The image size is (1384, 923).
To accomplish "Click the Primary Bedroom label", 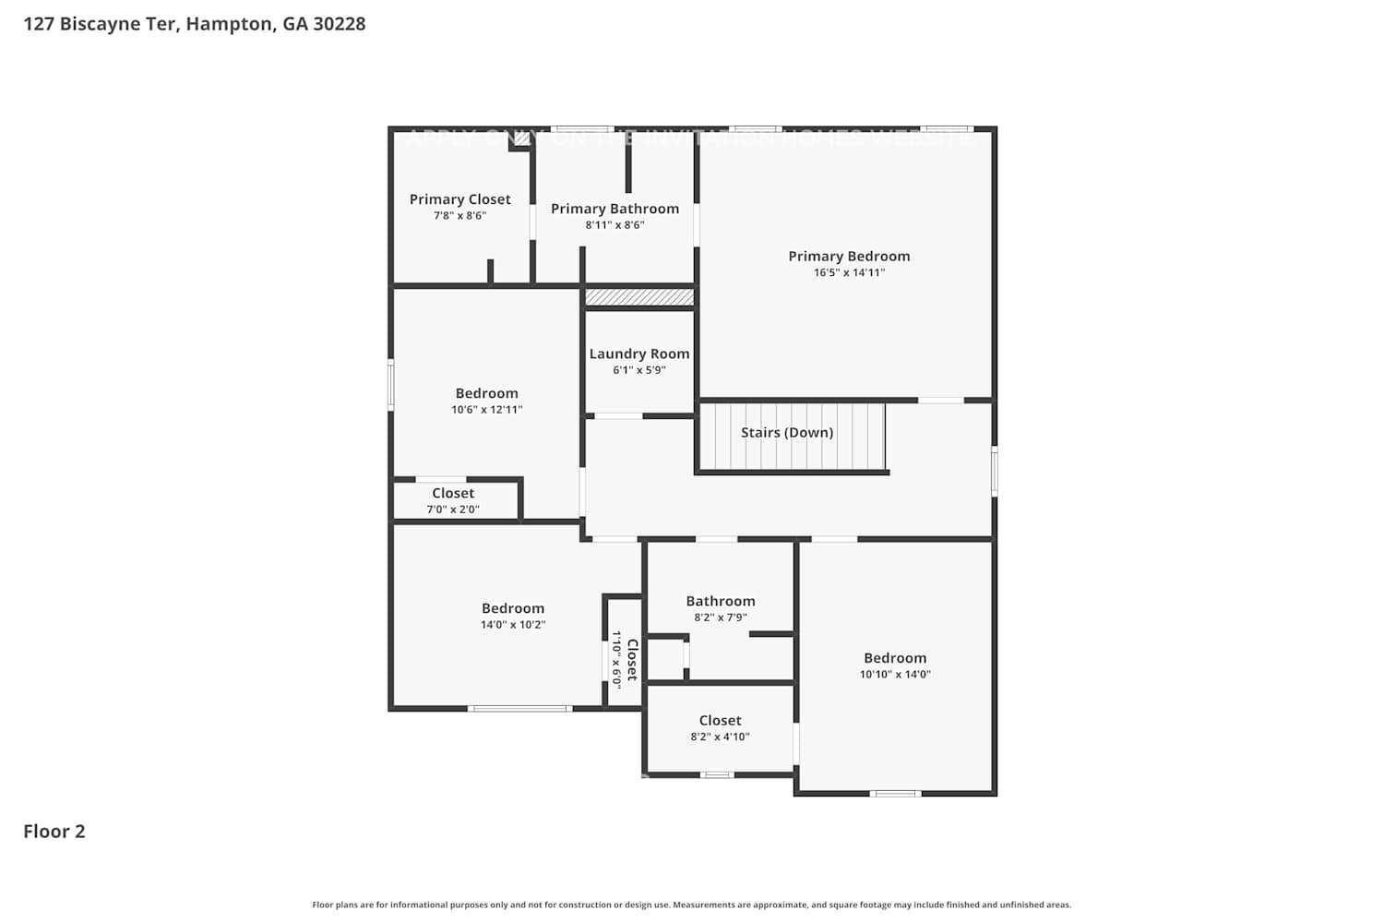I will click(849, 256).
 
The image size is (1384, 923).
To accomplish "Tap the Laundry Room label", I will click(638, 354).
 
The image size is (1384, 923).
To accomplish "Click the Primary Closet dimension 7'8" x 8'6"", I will click(459, 216).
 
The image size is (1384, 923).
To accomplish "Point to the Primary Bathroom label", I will click(614, 209).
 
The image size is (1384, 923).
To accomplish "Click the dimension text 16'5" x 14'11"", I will click(849, 273).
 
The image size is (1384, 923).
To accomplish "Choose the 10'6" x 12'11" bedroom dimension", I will click(486, 410).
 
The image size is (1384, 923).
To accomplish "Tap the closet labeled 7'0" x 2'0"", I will click(452, 501).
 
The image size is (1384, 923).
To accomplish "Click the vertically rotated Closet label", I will click(632, 659).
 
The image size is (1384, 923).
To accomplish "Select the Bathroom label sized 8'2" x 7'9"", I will click(720, 601).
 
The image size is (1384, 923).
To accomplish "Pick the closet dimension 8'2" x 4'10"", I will click(720, 737).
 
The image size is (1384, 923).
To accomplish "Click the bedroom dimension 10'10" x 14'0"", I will click(895, 675).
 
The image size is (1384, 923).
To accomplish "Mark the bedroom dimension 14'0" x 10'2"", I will click(513, 625).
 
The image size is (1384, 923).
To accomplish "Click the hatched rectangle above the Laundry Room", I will click(639, 297).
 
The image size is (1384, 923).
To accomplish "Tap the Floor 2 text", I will click(54, 831).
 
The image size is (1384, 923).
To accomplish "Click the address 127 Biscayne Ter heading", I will click(195, 24).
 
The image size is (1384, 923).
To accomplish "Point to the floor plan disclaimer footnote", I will click(691, 905).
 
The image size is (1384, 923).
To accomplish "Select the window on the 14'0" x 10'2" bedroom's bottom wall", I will click(519, 708).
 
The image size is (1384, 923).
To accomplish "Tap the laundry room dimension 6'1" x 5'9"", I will click(638, 370).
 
